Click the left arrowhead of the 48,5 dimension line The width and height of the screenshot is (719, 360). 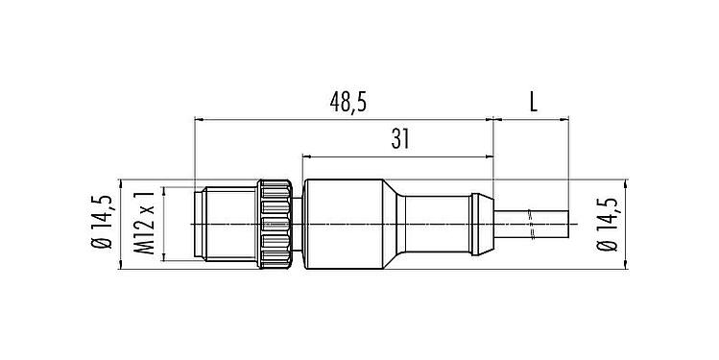(x=199, y=120)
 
